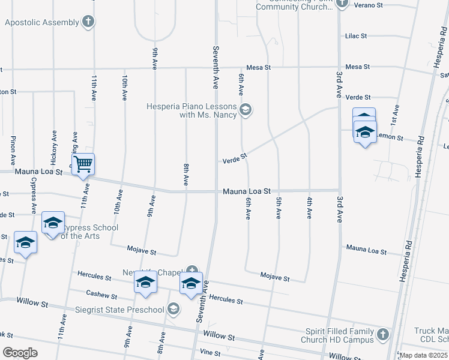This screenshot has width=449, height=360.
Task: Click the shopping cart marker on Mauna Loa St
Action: point(83,164)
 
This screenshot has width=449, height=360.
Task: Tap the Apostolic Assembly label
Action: point(41,23)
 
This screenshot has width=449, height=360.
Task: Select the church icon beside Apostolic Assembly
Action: point(88,23)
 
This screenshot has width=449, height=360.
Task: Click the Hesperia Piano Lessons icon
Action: point(245,109)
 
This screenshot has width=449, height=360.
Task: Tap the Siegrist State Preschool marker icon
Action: point(173,310)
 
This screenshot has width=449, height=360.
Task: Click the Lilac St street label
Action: point(356,36)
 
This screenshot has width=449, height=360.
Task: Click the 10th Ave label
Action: point(124,88)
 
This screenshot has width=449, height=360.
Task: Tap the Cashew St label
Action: point(97,295)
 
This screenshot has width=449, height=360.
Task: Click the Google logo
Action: point(20,353)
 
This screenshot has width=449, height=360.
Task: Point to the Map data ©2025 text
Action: point(424,355)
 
